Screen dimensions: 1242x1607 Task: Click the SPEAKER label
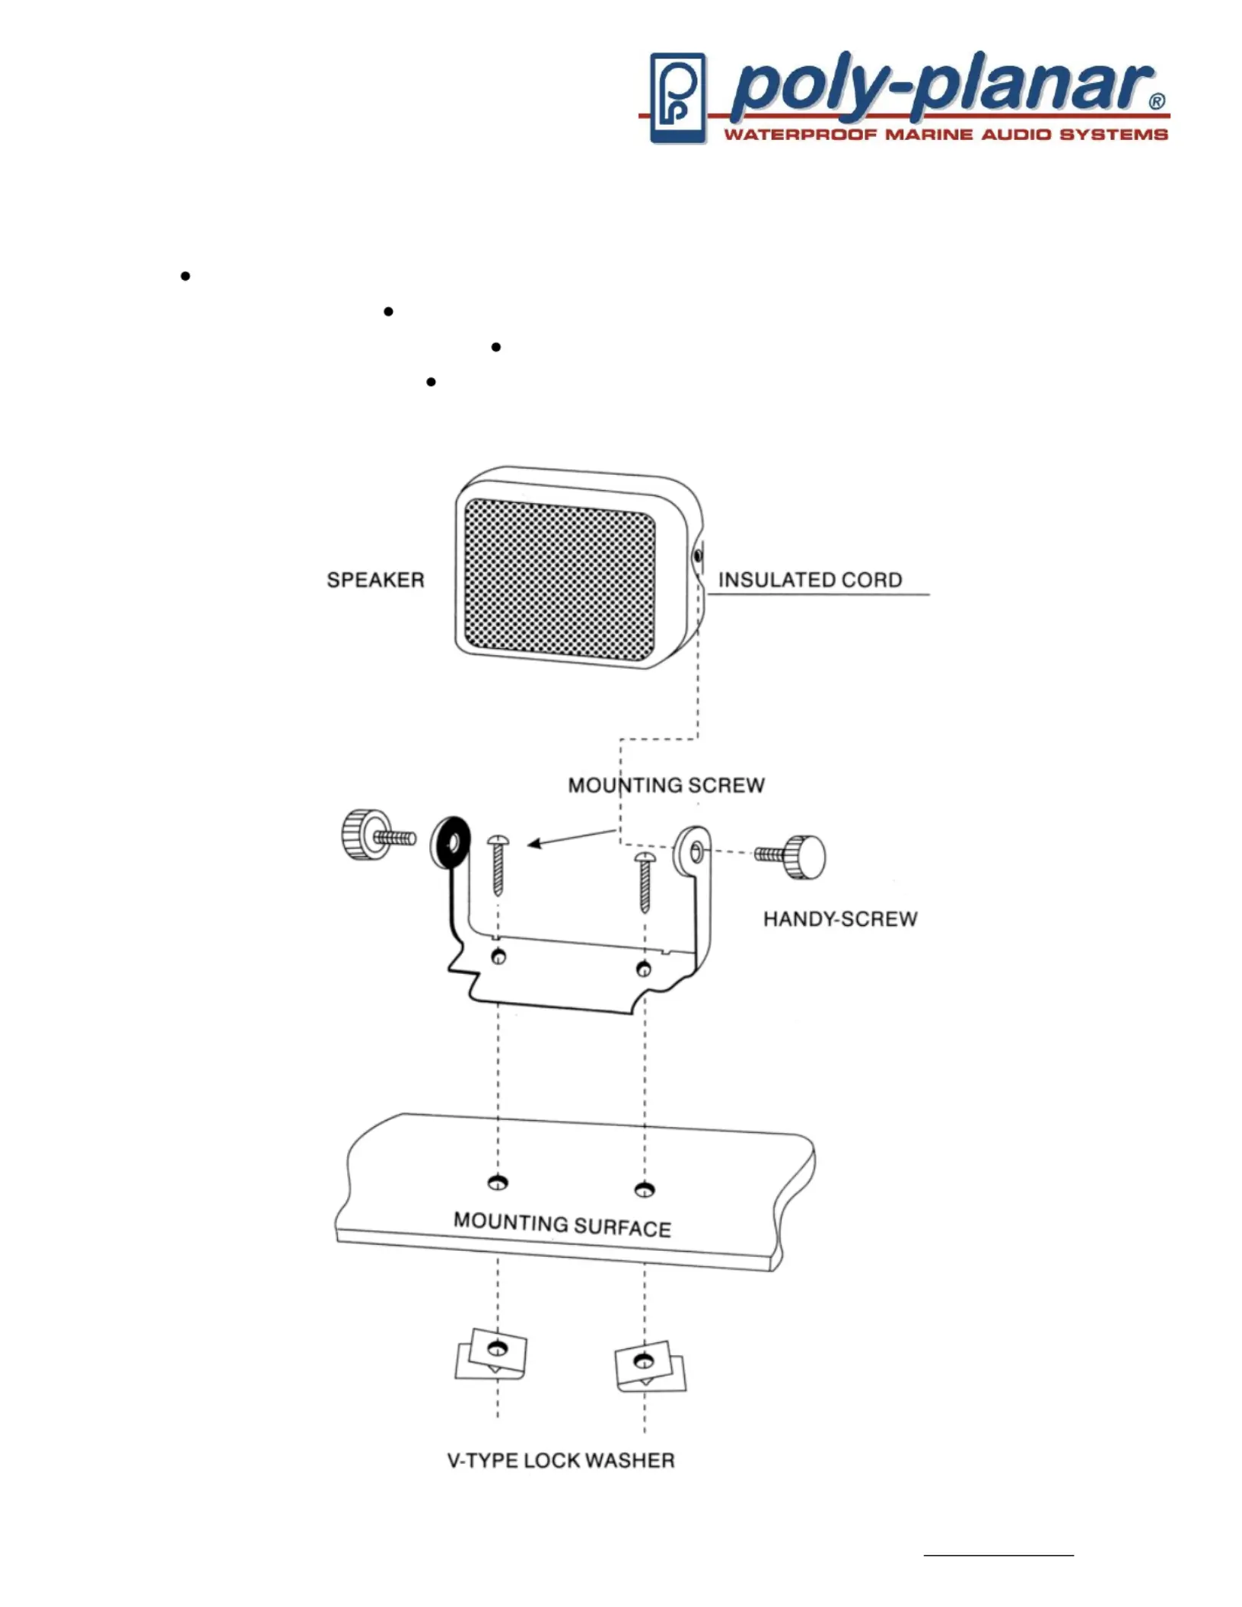pyautogui.click(x=375, y=580)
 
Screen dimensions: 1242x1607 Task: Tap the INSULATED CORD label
pyautogui.click(x=810, y=580)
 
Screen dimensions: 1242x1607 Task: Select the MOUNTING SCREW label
pyautogui.click(x=666, y=785)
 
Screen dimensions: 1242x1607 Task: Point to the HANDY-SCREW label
pyautogui.click(x=840, y=919)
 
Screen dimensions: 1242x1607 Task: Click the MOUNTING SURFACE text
pyautogui.click(x=562, y=1225)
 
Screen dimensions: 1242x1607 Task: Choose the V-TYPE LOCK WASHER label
pyautogui.click(x=561, y=1461)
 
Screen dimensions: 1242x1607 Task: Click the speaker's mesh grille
pyautogui.click(x=559, y=579)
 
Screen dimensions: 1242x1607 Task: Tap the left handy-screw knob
pyautogui.click(x=357, y=835)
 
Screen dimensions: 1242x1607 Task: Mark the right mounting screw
pyautogui.click(x=645, y=881)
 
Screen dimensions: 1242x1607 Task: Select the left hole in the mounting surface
pyautogui.click(x=498, y=1182)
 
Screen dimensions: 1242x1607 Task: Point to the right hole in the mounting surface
pyautogui.click(x=644, y=1189)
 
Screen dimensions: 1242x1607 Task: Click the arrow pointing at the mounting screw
pyautogui.click(x=571, y=838)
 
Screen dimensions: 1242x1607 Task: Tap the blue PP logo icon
pyautogui.click(x=677, y=98)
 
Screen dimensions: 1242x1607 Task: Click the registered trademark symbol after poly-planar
pyautogui.click(x=1156, y=102)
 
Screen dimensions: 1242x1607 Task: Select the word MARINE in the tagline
pyautogui.click(x=928, y=135)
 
